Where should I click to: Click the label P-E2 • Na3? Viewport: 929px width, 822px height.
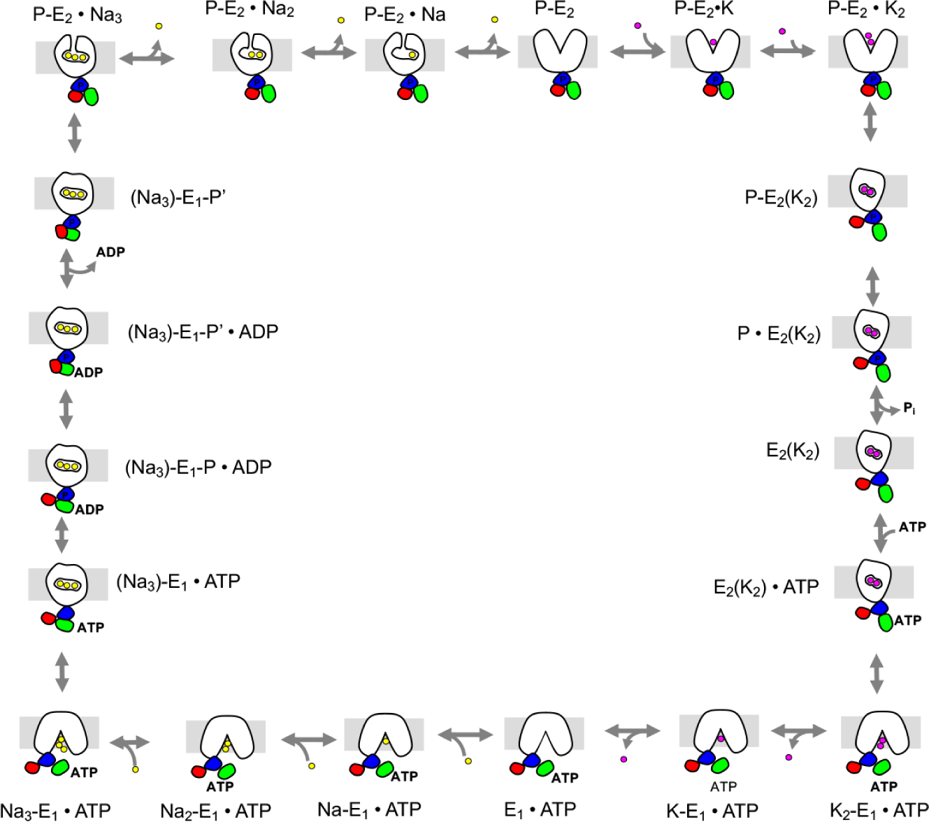(x=77, y=14)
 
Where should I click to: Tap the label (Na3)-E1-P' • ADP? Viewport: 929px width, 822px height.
(x=203, y=331)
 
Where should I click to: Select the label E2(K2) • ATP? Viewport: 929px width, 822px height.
(x=766, y=587)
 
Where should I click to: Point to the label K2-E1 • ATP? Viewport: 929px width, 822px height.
(x=879, y=811)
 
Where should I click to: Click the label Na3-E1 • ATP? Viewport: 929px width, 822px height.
(x=55, y=811)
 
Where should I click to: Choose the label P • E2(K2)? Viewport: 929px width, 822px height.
(x=779, y=334)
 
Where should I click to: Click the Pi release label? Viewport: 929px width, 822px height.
(x=909, y=408)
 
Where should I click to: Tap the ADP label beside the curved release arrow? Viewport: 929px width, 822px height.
(x=110, y=252)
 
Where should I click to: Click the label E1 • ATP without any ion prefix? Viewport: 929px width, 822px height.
(x=540, y=809)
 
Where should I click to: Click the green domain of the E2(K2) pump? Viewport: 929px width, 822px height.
(x=886, y=493)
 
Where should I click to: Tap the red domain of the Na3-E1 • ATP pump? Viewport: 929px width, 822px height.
(x=33, y=767)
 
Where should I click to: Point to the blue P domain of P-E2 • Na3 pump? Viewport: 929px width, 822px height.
(x=82, y=84)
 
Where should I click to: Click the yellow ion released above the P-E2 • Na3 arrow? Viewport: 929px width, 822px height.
(x=159, y=26)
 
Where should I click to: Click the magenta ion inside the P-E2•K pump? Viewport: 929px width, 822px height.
(x=713, y=43)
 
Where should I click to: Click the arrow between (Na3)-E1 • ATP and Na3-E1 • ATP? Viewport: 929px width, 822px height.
(x=62, y=672)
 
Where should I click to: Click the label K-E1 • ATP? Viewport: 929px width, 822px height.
(x=712, y=811)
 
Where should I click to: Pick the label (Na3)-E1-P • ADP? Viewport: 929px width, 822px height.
(x=198, y=467)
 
